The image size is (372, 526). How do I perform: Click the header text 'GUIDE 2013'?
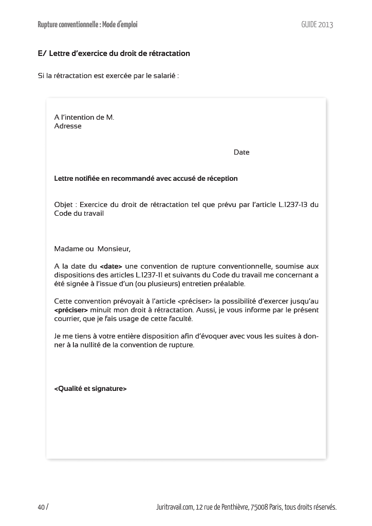click(317, 24)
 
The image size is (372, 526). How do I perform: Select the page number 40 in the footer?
click(41, 507)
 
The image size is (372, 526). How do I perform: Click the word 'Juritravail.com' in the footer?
click(174, 507)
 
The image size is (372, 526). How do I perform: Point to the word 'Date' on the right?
click(241, 152)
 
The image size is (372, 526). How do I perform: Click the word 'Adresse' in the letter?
click(68, 126)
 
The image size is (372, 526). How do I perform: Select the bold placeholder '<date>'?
click(111, 267)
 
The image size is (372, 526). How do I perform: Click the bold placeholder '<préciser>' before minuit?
click(71, 310)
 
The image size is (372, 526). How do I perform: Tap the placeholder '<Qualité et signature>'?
click(90, 388)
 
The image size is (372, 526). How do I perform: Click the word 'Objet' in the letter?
click(64, 204)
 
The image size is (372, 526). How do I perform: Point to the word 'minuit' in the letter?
click(102, 310)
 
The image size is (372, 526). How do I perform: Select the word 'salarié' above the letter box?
click(162, 76)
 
